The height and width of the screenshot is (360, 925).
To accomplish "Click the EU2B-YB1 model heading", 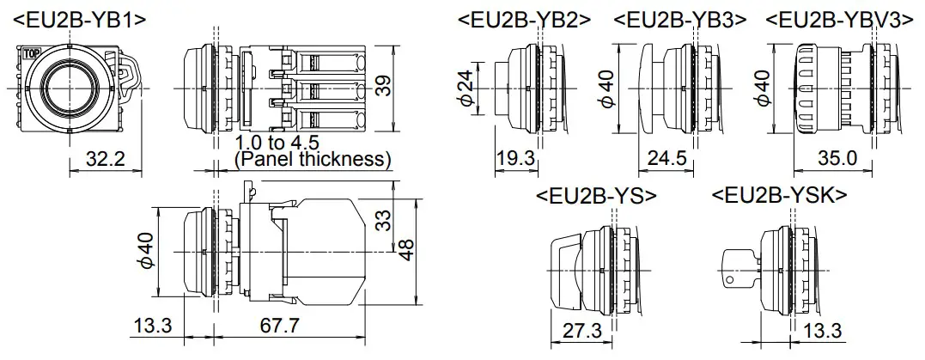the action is [79, 20].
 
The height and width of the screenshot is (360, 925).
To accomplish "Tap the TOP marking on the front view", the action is [31, 53].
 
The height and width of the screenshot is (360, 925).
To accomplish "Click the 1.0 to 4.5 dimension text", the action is [277, 143].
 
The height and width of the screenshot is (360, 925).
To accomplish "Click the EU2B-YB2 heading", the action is [525, 20].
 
